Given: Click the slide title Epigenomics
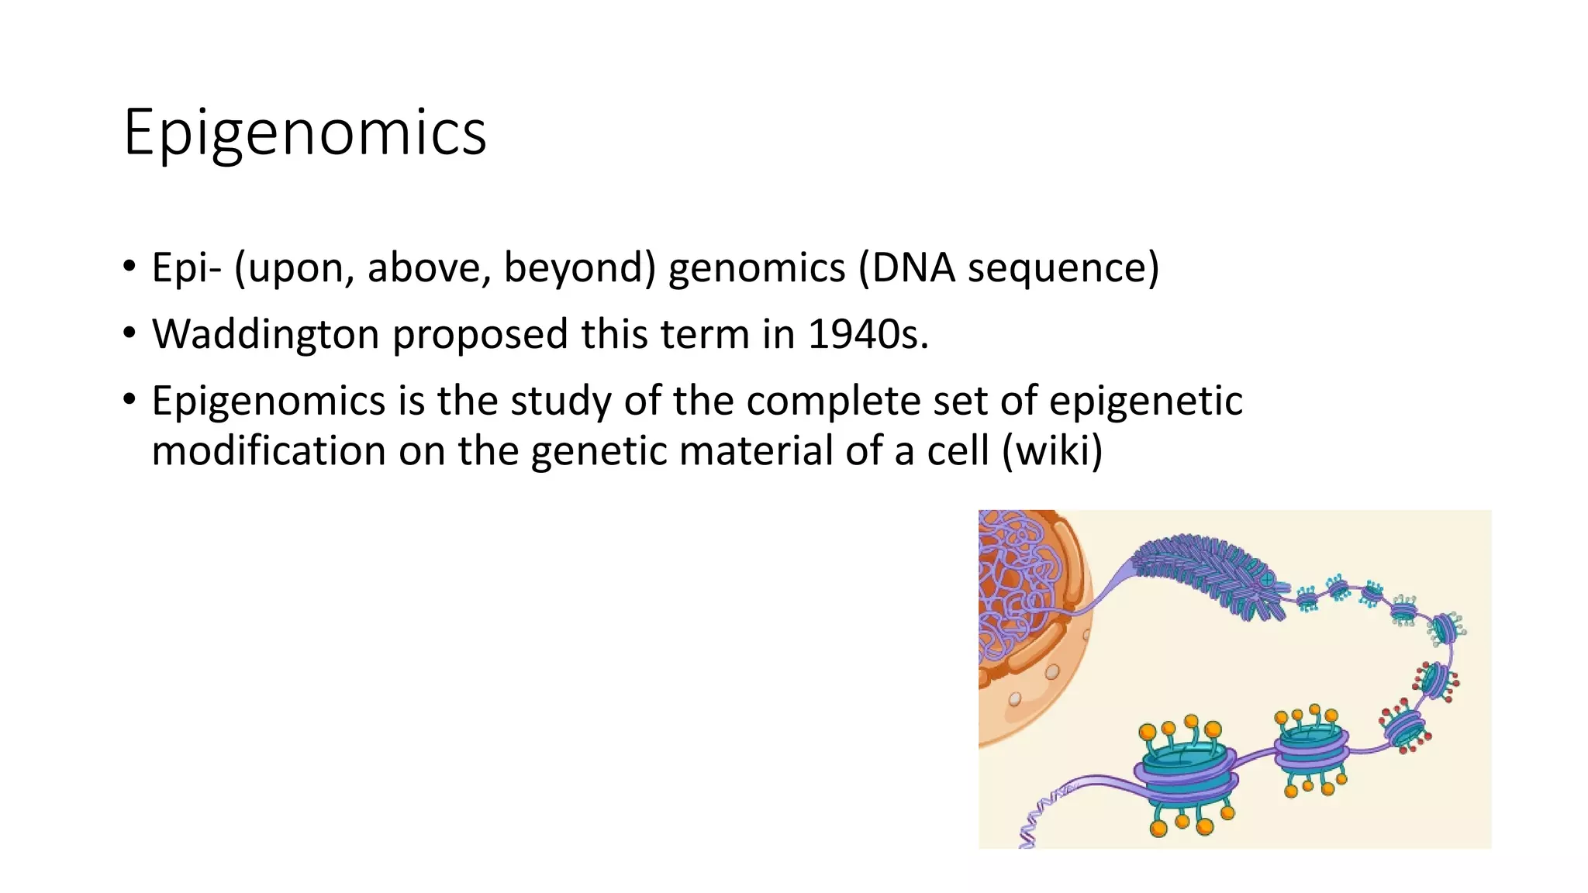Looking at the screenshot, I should pyautogui.click(x=305, y=133).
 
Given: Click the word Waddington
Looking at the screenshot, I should pyautogui.click(x=266, y=335).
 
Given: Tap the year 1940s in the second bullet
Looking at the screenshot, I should pyautogui.click(x=867, y=335).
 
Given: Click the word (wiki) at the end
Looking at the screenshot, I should pyautogui.click(x=1052, y=451).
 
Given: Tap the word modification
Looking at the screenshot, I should pyautogui.click(x=268, y=451).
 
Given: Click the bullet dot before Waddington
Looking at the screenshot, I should pyautogui.click(x=129, y=334).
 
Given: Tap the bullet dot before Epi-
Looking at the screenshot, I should pyautogui.click(x=129, y=267).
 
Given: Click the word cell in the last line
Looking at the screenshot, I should pyautogui.click(x=958, y=451).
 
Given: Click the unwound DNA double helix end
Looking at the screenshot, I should pyautogui.click(x=1039, y=822).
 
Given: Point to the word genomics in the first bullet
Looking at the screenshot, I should pyautogui.click(x=757, y=268).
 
